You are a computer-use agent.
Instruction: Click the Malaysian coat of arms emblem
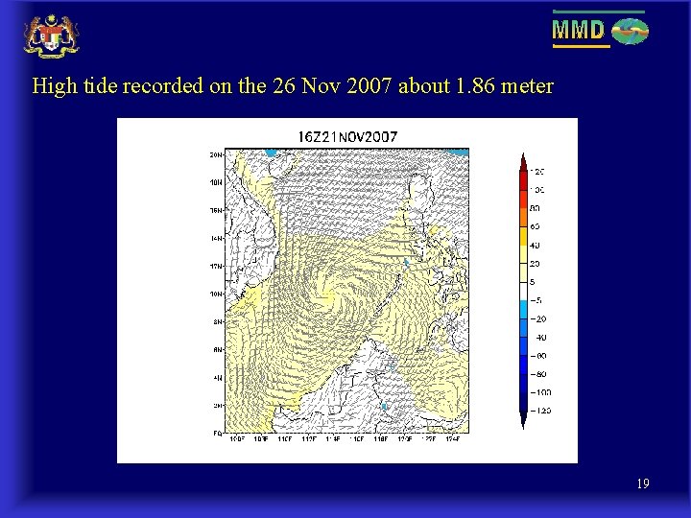click(51, 35)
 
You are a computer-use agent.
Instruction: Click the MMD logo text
click(578, 31)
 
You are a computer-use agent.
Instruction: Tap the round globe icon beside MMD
click(631, 32)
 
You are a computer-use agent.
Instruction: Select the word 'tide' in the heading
click(102, 86)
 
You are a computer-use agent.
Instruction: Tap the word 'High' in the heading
click(54, 86)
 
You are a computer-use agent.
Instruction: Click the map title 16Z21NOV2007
click(346, 136)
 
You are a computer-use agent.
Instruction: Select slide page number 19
click(642, 484)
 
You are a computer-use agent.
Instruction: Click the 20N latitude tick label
click(217, 154)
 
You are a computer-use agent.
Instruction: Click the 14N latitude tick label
click(217, 238)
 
